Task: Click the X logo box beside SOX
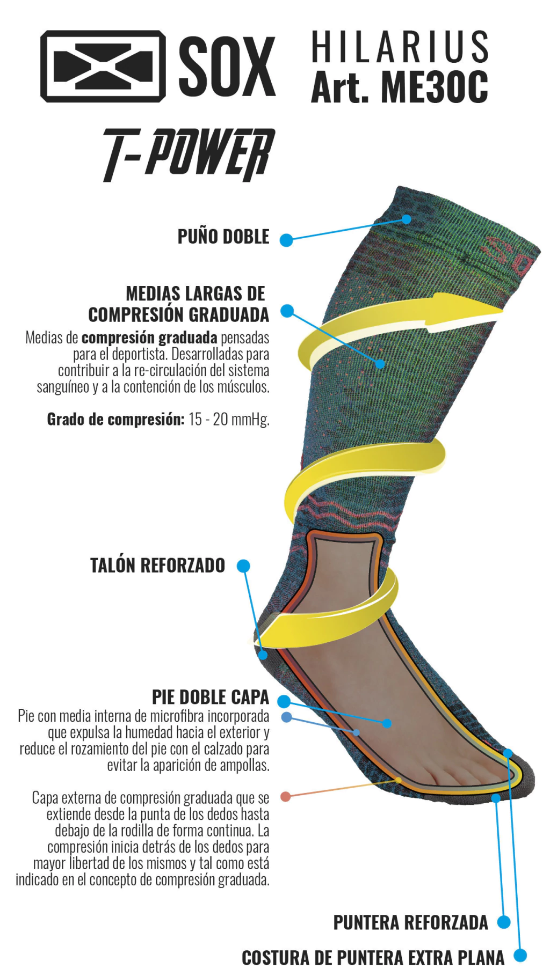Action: (x=103, y=66)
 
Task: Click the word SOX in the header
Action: (x=227, y=67)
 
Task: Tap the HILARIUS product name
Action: (x=400, y=47)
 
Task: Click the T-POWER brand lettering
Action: (x=189, y=154)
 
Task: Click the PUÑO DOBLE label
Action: (x=223, y=237)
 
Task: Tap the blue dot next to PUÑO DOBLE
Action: (x=286, y=240)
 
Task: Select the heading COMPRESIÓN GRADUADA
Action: (x=178, y=314)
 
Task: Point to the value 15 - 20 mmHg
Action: (x=229, y=419)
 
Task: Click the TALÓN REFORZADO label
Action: (x=157, y=566)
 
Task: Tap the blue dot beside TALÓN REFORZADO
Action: (x=243, y=566)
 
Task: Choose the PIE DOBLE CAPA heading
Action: (x=211, y=697)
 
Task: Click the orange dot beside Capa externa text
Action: (x=286, y=796)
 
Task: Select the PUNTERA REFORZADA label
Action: (x=411, y=922)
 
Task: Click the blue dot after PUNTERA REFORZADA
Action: (x=503, y=922)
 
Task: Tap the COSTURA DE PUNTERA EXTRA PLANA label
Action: (x=373, y=958)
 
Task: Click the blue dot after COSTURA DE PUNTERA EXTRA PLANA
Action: (x=520, y=956)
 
